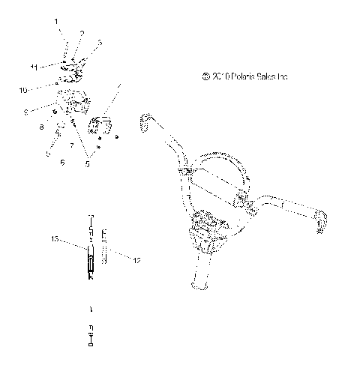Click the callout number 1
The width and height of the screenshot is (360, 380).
coord(55,22)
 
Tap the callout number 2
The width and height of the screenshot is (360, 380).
coord(82,32)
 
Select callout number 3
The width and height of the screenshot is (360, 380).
coord(100,42)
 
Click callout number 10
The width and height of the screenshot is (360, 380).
coord(24,90)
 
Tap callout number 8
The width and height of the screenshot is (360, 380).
coord(42,127)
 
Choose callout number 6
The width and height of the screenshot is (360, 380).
coord(62,160)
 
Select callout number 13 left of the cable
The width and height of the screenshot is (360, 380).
coord(55,240)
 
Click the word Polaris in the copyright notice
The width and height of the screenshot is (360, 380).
coord(243,76)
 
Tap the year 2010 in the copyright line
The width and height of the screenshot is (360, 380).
coord(220,76)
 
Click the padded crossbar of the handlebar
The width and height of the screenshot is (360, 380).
coord(217,182)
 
